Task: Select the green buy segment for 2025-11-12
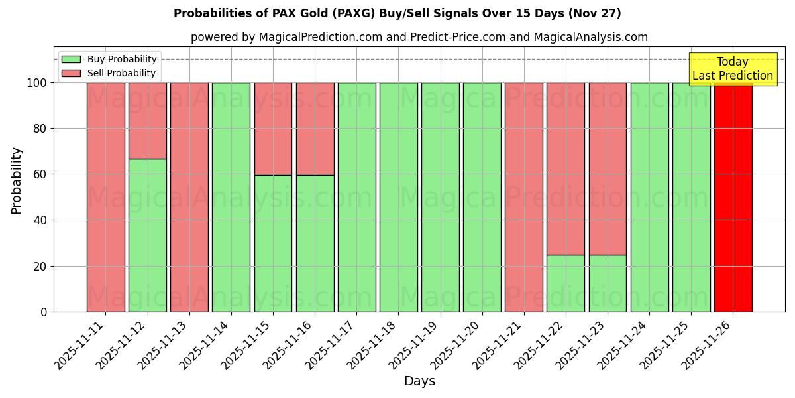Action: [x=147, y=235]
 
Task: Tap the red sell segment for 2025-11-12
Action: [x=147, y=121]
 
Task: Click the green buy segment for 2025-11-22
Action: [x=565, y=283]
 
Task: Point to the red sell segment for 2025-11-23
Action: [x=608, y=168]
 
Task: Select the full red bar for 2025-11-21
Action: [x=523, y=197]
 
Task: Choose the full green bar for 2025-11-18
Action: [x=398, y=197]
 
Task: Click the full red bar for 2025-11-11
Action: [x=105, y=197]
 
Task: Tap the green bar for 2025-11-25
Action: [x=691, y=197]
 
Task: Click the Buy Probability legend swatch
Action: [x=71, y=59]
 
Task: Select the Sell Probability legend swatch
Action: [x=71, y=73]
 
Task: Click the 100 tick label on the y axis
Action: [x=37, y=83]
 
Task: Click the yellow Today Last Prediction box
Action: [x=732, y=69]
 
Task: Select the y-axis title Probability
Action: [x=17, y=180]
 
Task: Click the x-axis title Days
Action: [x=419, y=381]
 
